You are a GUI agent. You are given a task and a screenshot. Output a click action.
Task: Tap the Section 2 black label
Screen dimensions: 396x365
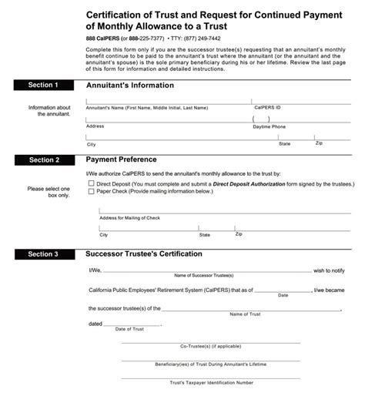pyautogui.click(x=44, y=160)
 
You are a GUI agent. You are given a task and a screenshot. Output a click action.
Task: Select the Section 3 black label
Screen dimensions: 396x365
pyautogui.click(x=44, y=253)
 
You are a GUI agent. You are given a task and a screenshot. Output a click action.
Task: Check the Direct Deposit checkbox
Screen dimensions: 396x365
pyautogui.click(x=91, y=185)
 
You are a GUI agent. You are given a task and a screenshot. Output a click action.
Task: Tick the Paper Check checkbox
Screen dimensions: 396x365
pyautogui.click(x=91, y=192)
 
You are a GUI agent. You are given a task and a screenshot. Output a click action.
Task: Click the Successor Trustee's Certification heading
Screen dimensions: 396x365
pyautogui.click(x=144, y=253)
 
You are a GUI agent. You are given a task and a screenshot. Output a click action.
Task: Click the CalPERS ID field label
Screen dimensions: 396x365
pyautogui.click(x=269, y=108)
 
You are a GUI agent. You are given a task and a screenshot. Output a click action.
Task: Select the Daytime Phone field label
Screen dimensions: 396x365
pyautogui.click(x=270, y=126)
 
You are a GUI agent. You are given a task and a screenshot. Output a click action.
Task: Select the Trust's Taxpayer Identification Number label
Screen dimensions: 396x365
pyautogui.click(x=212, y=381)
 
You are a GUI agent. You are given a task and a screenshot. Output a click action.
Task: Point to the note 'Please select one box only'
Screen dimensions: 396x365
pyautogui.click(x=48, y=192)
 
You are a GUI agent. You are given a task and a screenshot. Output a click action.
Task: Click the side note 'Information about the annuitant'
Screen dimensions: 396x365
pyautogui.click(x=49, y=110)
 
